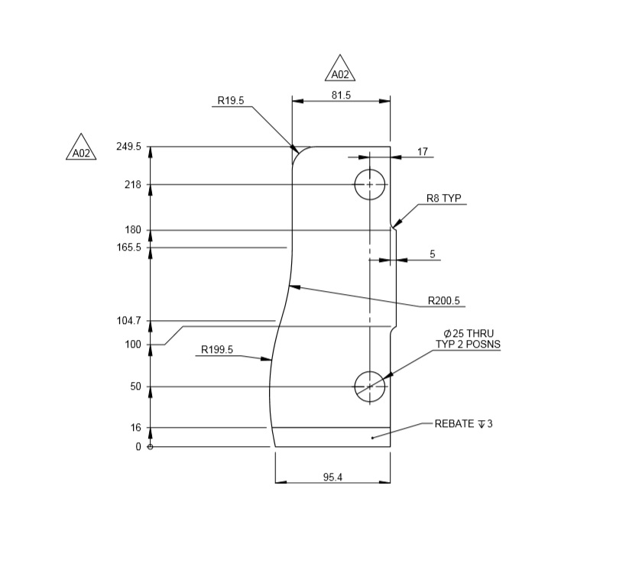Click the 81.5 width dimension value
coord(341,95)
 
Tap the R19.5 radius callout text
coord(230,100)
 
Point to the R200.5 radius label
coord(444,300)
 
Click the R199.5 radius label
coord(217,350)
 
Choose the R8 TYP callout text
coord(444,199)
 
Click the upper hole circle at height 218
coord(370,185)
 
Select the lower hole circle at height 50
coord(370,387)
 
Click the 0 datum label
coord(138,447)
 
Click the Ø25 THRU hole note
coord(469,334)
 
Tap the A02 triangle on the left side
coord(81,149)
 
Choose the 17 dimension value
coord(423,152)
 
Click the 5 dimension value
coord(433,254)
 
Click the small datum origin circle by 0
coord(150,447)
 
